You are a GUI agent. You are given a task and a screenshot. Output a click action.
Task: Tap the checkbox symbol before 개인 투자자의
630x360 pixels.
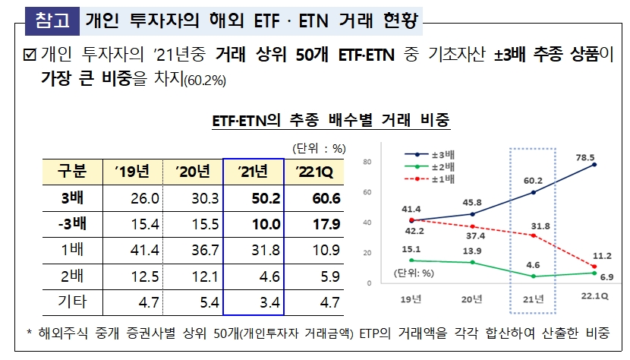30,55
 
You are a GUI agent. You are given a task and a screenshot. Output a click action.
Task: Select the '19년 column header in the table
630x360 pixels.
131,171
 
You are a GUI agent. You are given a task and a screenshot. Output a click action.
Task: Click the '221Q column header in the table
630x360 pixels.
314,171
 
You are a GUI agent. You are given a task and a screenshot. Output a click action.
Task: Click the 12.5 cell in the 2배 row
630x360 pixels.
131,276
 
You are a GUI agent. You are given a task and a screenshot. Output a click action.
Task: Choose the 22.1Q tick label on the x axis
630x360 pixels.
594,295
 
